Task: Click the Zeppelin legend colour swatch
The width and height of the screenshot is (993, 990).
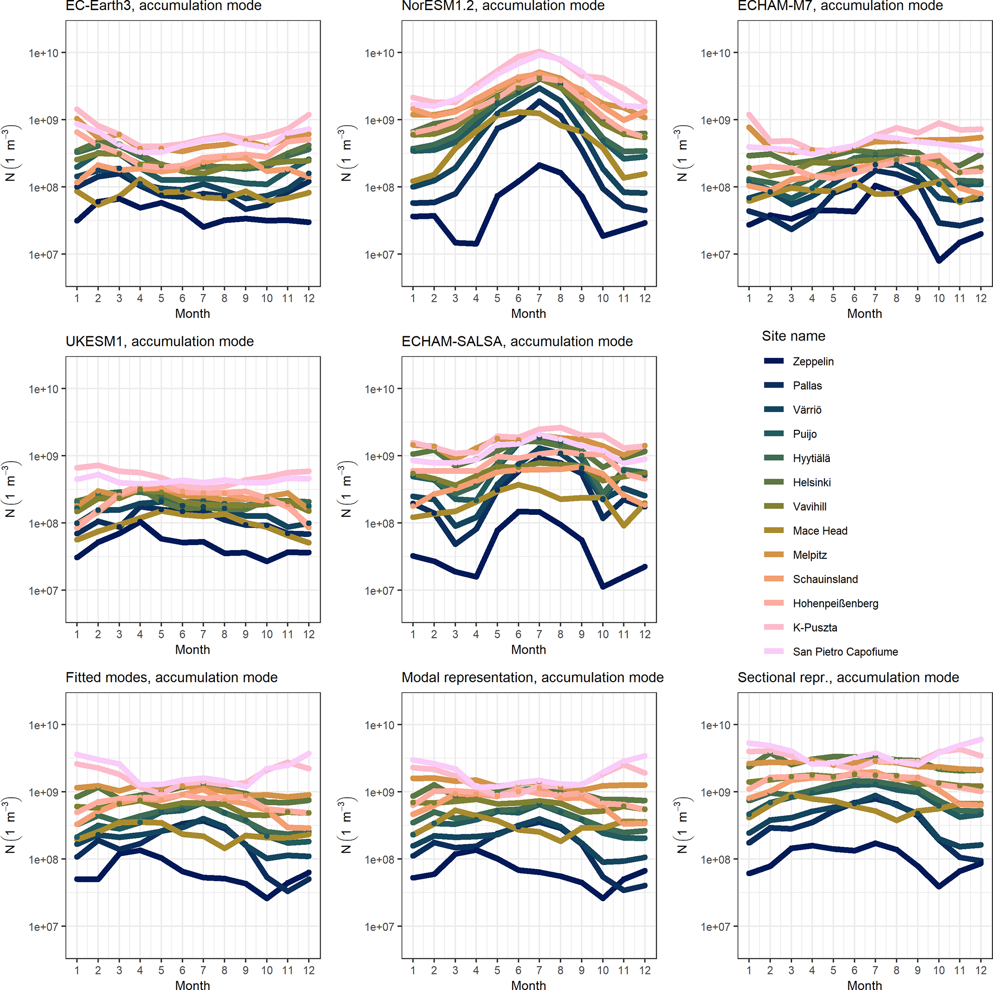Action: point(773,361)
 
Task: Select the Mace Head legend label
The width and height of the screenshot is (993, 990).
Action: point(820,530)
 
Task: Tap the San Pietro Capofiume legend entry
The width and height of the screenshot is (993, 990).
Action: point(845,652)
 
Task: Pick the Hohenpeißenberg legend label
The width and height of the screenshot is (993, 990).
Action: point(835,603)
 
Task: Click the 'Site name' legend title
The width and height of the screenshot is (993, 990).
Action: point(793,336)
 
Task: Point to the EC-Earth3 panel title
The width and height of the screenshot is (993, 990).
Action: point(163,6)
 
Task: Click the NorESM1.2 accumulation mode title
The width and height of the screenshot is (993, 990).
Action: point(503,6)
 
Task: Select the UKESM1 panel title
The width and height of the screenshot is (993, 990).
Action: point(159,342)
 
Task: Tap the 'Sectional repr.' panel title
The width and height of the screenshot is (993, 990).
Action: point(848,677)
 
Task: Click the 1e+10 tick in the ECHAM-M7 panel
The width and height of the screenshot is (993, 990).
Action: point(715,53)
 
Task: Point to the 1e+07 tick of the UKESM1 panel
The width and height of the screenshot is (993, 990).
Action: point(43,591)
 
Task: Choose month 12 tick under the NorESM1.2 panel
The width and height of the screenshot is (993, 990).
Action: point(645,298)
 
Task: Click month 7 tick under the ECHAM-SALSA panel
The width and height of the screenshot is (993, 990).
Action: point(539,634)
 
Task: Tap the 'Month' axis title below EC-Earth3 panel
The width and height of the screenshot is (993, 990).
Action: point(192,314)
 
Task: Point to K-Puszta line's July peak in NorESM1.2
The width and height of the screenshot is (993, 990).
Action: point(539,51)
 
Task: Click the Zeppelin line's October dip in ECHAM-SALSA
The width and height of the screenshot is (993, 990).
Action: point(603,586)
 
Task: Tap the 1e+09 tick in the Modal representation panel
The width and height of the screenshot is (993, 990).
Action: point(380,792)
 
